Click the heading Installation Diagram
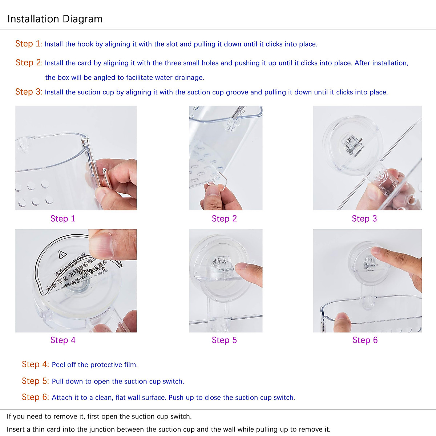coord(55,19)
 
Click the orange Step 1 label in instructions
coord(28,44)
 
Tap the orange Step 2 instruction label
coord(29,62)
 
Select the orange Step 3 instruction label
coord(29,92)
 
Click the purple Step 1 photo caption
coord(63,219)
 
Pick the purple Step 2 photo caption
coord(224,219)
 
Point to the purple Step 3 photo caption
coord(364,219)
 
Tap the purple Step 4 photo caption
coord(63,340)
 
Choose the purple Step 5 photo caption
coord(224,340)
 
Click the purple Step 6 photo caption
coord(365,340)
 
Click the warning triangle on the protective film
coord(63,254)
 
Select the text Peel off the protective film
coord(94,365)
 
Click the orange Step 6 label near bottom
coord(35,397)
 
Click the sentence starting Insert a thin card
coord(169,429)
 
